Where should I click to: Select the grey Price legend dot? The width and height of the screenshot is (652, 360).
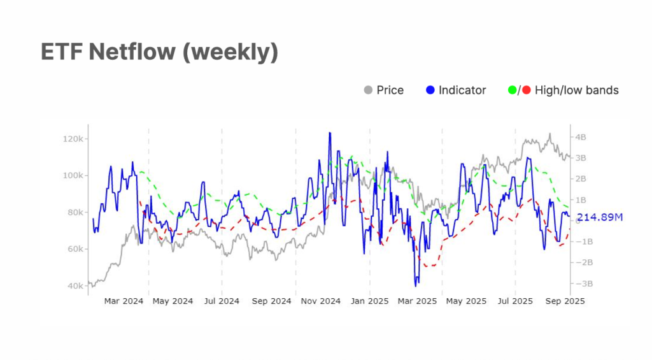(368, 90)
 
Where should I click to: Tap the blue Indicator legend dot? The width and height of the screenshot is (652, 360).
(430, 90)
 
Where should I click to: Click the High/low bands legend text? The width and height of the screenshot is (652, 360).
(577, 90)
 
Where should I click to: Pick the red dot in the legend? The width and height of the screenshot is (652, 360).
(525, 90)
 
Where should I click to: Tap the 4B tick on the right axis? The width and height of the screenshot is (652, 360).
(581, 137)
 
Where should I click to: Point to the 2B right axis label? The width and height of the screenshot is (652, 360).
(581, 179)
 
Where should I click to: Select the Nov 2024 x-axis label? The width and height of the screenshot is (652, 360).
(321, 301)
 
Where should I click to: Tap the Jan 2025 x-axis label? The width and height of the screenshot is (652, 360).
(370, 301)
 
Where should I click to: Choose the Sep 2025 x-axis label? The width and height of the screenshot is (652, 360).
(565, 301)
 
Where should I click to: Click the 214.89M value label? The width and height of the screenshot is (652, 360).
(600, 218)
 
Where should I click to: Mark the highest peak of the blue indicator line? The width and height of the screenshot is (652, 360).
(329, 133)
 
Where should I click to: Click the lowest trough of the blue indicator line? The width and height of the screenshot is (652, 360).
(416, 285)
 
